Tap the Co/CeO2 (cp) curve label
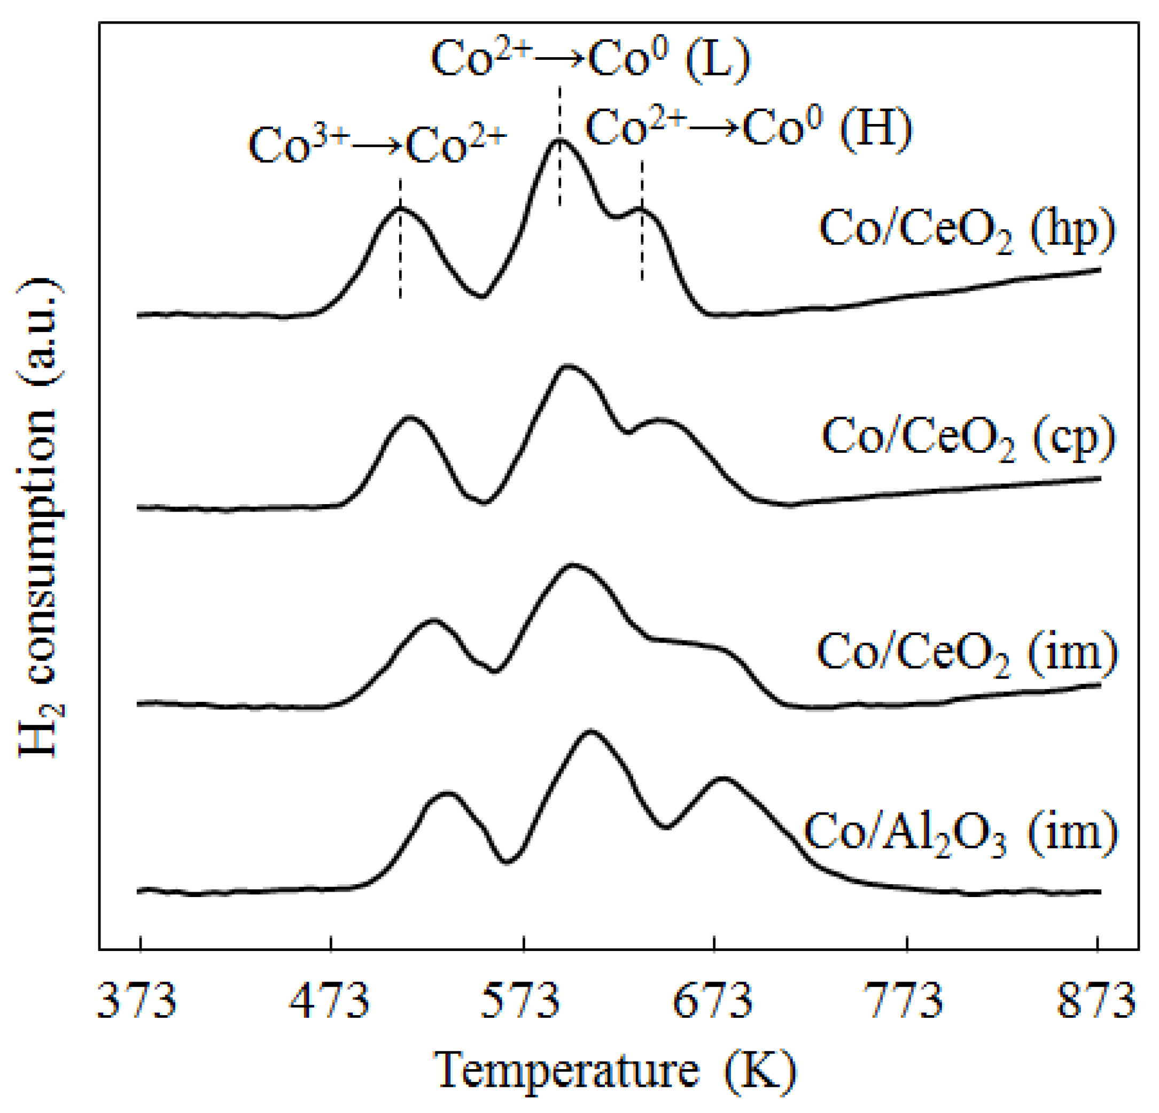[969, 439]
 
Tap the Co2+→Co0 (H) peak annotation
[749, 129]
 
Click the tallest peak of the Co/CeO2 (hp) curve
[559, 140]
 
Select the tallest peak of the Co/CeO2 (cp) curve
[567, 366]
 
